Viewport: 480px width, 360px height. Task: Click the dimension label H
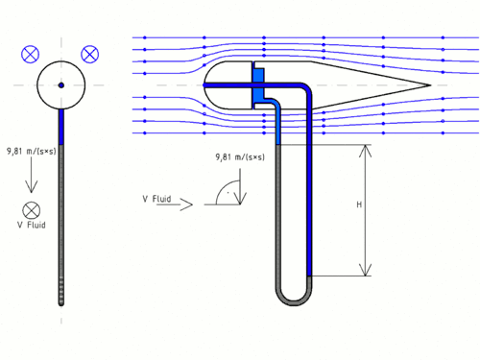[x=359, y=204]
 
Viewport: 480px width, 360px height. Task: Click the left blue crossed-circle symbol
[x=30, y=54]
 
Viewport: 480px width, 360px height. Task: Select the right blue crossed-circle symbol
[x=90, y=54]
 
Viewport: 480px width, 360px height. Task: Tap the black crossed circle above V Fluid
[x=32, y=210]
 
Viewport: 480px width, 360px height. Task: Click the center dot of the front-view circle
[x=61, y=85]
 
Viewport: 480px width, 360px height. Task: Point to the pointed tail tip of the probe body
[x=431, y=85]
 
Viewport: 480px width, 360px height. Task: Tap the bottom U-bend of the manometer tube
[x=294, y=300]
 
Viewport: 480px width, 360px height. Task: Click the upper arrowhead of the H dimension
[x=365, y=151]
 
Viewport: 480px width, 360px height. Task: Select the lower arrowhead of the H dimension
[x=365, y=270]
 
